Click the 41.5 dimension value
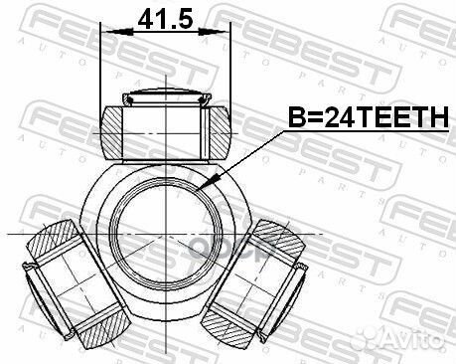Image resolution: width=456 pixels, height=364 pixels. click(165, 19)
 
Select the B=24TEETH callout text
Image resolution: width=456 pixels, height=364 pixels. click(369, 117)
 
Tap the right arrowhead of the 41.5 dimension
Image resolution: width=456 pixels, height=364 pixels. click(214, 32)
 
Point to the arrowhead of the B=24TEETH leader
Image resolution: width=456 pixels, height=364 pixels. click(209, 182)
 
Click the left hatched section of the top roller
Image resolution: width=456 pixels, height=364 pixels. click(111, 132)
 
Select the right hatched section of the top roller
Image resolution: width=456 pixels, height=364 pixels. click(220, 132)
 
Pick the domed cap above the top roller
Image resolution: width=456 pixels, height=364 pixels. click(167, 96)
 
